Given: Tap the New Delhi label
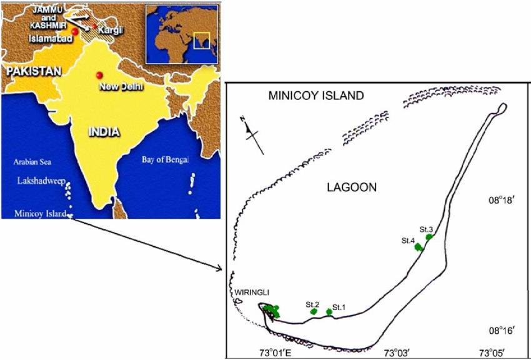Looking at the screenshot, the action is (121, 86).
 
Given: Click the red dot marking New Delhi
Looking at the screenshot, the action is (99, 76).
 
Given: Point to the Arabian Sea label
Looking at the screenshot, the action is (32, 162).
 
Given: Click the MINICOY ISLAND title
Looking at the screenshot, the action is (315, 96).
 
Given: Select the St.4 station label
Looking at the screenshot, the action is (409, 240).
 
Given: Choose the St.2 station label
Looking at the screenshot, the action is (313, 304).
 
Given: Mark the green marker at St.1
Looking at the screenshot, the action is (329, 311).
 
